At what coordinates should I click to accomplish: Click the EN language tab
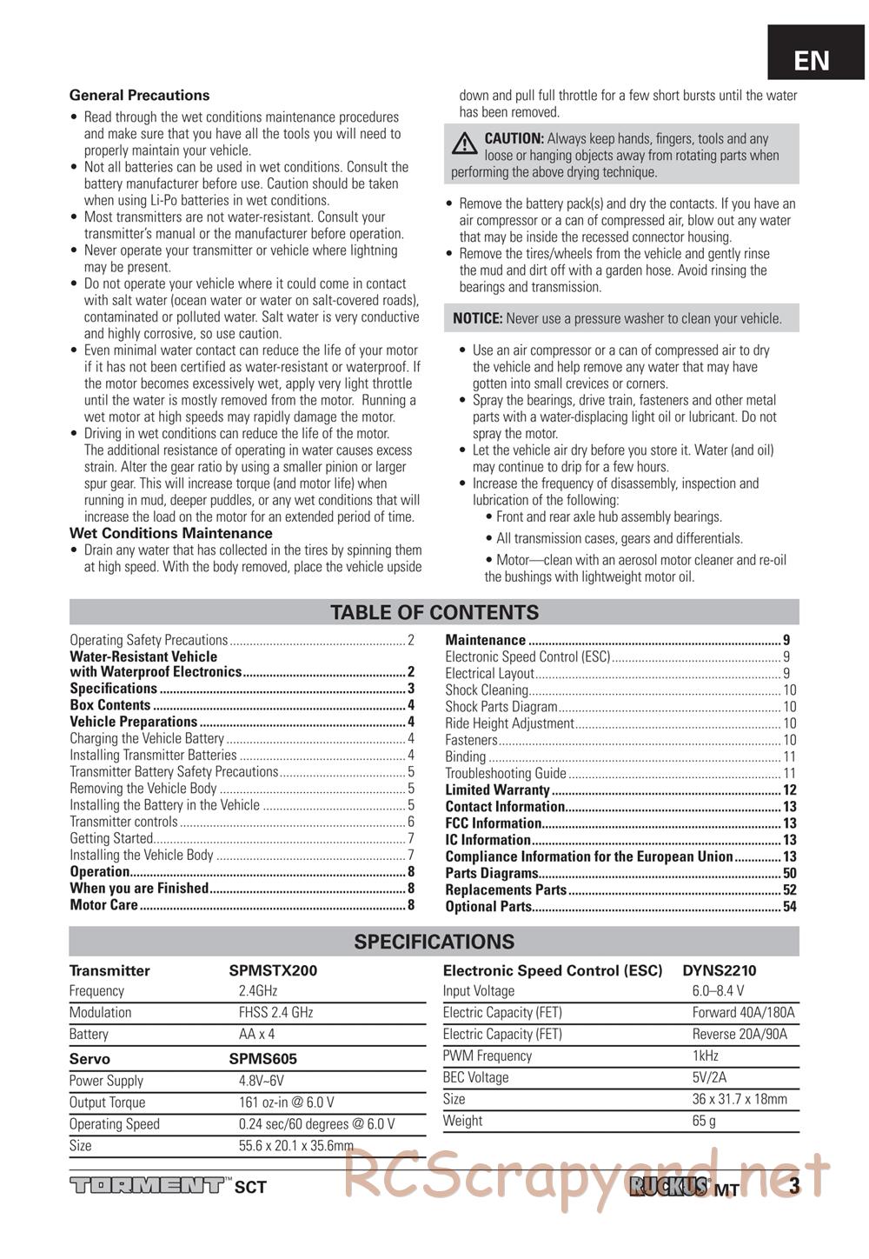812,60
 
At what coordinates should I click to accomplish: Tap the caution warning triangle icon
466,142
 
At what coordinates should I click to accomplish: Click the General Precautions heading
139,96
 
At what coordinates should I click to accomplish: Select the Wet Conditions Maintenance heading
170,533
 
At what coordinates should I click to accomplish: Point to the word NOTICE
477,318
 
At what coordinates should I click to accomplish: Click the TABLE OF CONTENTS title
434,612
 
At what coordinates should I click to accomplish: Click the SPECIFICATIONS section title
434,942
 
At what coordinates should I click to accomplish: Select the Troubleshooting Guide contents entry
506,773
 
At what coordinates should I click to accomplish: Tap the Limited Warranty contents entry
497,789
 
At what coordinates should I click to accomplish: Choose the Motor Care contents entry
103,904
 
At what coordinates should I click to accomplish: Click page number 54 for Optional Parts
789,907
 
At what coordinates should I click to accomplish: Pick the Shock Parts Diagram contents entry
501,707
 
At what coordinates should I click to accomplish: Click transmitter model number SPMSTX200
273,970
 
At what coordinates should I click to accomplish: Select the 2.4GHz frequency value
258,991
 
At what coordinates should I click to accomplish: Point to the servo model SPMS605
262,1059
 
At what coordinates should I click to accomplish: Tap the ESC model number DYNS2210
719,970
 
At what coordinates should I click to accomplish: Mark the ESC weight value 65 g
704,1121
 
